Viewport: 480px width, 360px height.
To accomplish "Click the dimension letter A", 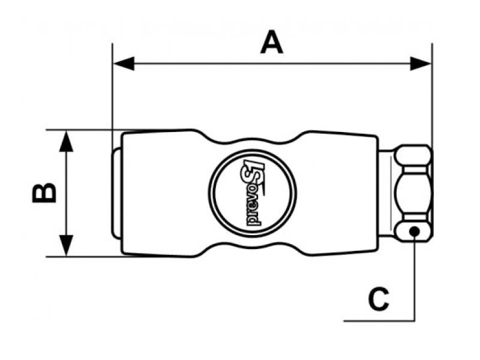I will (x=272, y=43).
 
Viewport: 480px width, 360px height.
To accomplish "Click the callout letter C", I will (x=378, y=299).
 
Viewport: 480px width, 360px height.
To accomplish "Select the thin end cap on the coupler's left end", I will (x=116, y=193).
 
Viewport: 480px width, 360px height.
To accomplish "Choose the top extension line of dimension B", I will (x=84, y=130).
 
